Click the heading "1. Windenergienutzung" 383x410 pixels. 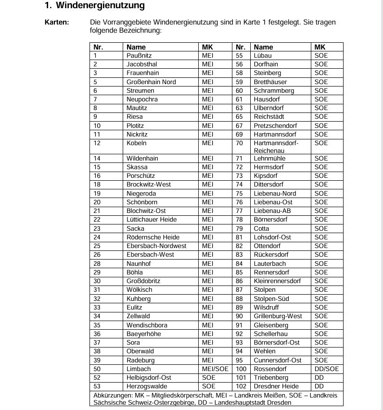94,6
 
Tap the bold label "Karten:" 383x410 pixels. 57,22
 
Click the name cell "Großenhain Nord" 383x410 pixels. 151,82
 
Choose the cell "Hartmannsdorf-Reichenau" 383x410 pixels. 276,147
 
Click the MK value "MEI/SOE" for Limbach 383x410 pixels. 215,369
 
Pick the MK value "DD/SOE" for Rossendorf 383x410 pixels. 327,369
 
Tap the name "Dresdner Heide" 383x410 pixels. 277,386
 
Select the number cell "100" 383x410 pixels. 241,369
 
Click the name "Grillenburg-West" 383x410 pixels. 278,316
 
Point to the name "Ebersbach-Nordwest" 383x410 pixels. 156,246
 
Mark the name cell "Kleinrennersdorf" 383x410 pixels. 277,281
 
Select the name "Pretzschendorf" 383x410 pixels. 275,125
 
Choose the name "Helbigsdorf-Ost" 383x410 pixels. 149,377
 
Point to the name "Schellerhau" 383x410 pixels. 271,334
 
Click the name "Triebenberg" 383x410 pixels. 271,377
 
